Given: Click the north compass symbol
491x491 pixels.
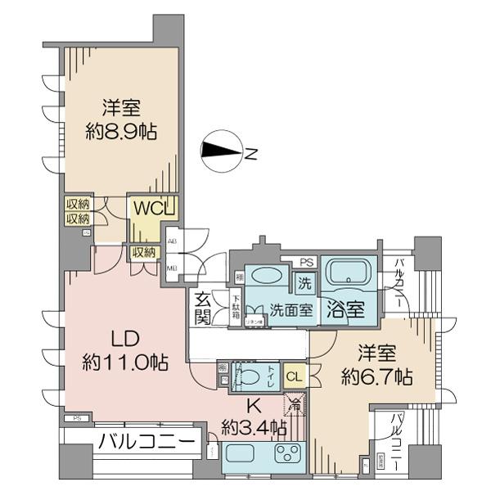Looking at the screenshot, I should (223, 151).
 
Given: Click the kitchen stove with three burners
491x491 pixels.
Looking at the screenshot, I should (288, 454).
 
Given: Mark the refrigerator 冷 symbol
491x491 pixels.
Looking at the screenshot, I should (294, 403).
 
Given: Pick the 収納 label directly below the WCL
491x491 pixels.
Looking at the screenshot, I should (143, 253).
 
